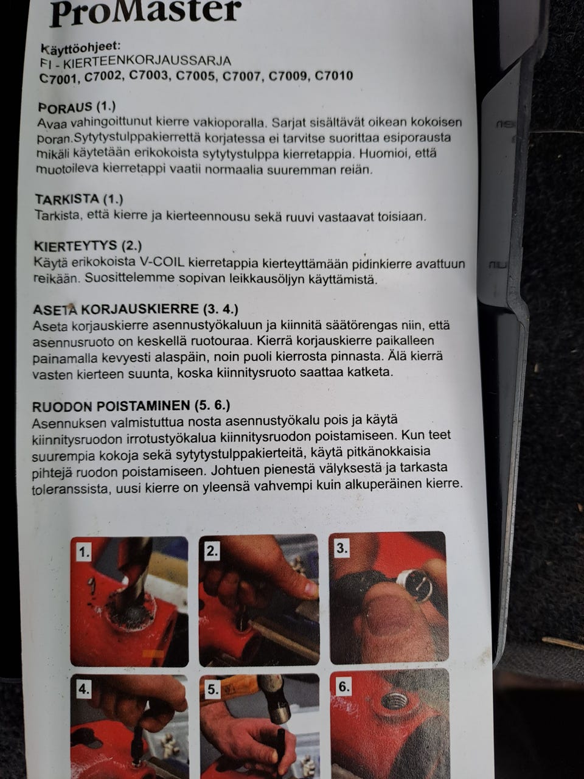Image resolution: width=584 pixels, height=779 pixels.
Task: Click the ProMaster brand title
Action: pos(145,12)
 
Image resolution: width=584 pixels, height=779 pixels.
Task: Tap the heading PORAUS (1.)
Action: pos(76,107)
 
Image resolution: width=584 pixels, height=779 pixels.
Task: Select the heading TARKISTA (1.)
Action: pos(79,200)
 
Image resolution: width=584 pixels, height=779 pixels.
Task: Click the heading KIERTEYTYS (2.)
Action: pos(88,246)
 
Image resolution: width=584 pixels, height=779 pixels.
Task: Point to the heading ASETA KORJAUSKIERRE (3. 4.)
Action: pos(135,309)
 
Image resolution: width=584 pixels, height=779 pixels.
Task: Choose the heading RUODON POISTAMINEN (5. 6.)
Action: pos(131,405)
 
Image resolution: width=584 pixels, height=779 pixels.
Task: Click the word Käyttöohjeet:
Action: pos(81,47)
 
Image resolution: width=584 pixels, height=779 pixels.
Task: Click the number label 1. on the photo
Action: pos(84,552)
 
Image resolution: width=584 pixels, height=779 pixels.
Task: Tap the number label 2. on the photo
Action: pos(212,551)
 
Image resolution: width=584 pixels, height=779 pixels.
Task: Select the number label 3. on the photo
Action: pos(342,548)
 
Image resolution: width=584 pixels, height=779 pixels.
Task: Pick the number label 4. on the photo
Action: pos(83,689)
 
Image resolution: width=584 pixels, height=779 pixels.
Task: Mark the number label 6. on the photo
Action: pos(344,686)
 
